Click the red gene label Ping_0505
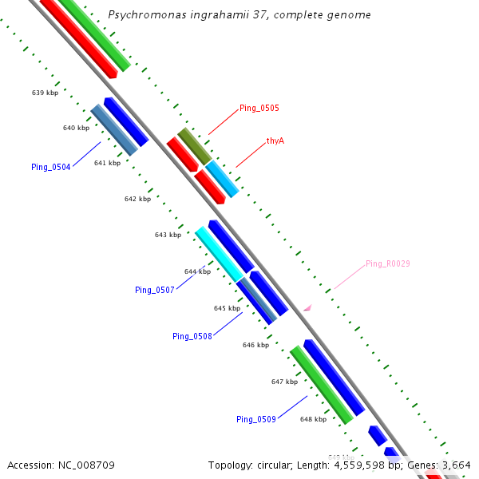pos(259,108)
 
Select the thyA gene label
pos(275,141)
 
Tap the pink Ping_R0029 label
pos(388,263)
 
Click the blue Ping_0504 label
pos(51,167)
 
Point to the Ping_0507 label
pos(155,290)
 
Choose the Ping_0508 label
pos(192,336)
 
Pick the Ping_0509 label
pos(256,419)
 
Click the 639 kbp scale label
pos(45,93)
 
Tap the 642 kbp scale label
pos(137,199)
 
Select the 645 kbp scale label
pos(227,307)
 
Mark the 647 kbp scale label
pos(284,382)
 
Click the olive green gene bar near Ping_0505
pos(194,146)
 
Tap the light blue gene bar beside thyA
pos(223,179)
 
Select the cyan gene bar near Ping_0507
pos(219,253)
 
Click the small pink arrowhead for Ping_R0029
pos(307,307)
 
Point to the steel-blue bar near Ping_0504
pos(114,129)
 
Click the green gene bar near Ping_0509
pos(321,385)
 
